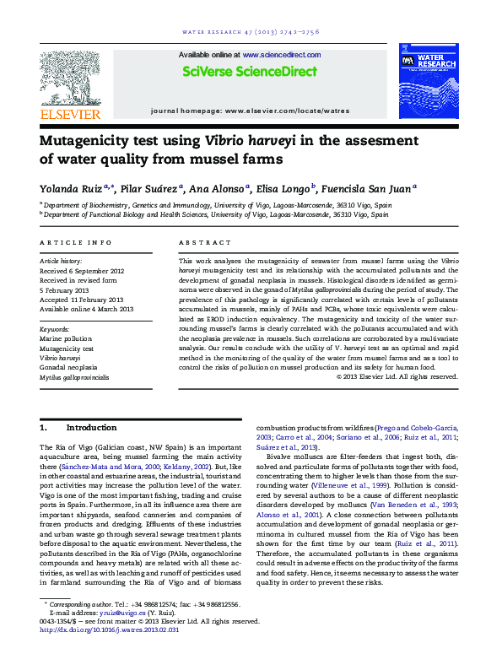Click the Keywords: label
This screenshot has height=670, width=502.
tap(57, 328)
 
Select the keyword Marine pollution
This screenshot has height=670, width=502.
tap(67, 338)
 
